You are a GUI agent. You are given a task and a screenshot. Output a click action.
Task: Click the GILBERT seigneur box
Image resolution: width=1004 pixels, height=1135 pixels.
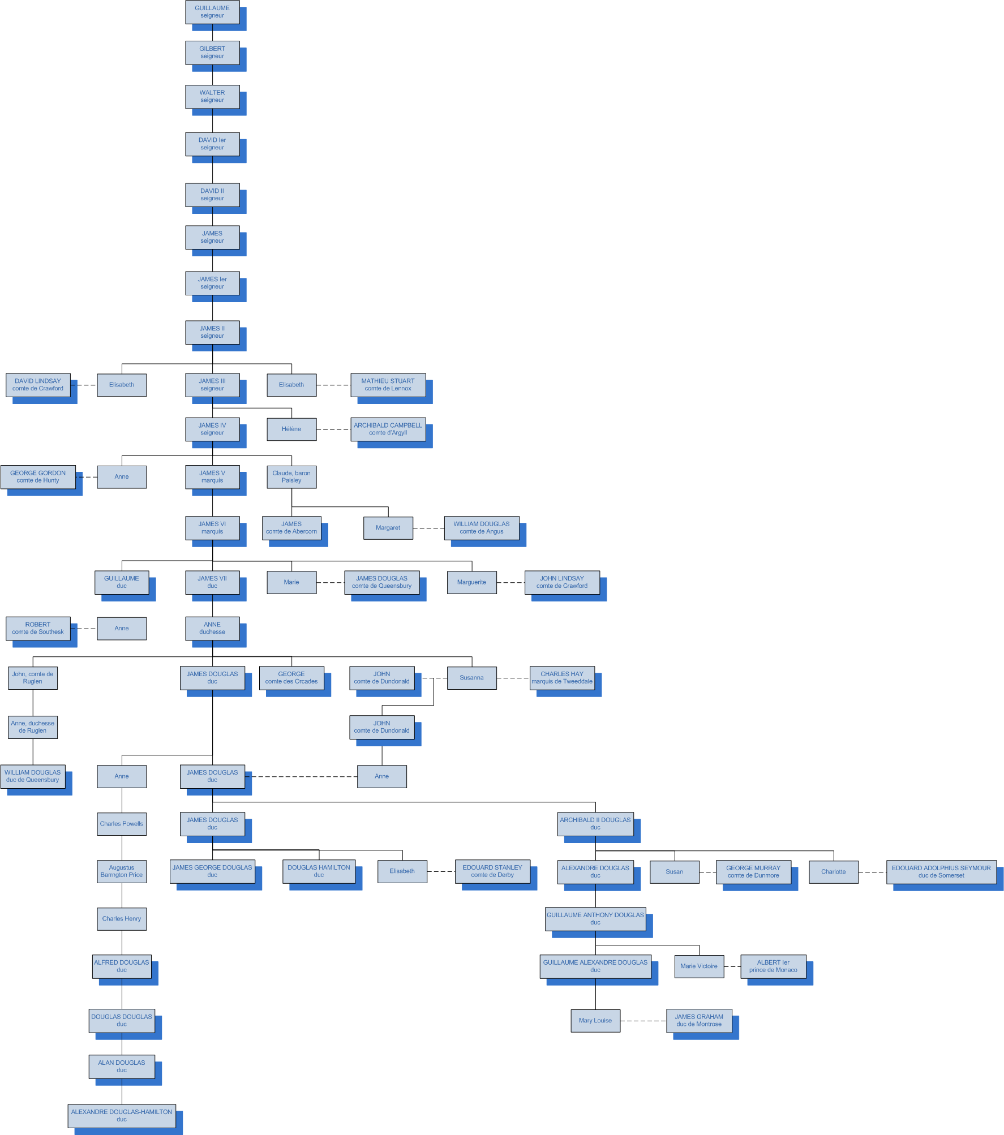click(x=212, y=53)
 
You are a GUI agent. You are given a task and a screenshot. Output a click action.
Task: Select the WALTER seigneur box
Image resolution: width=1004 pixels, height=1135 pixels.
click(x=212, y=96)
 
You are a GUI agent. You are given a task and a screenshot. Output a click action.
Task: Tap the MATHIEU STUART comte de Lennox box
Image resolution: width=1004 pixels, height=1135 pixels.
click(x=388, y=385)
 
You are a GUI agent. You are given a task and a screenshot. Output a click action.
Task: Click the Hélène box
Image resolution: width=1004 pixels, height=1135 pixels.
click(x=291, y=429)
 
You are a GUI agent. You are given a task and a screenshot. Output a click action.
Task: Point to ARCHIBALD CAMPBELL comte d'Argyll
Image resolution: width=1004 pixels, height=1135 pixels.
click(x=388, y=429)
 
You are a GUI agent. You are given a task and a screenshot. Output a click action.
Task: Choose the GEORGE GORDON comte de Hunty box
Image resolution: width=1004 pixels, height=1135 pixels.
click(x=38, y=477)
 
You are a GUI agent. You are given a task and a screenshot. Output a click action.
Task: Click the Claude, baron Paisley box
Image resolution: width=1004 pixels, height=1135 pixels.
click(x=291, y=477)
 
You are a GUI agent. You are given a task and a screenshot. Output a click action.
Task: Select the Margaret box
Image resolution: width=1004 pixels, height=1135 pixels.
click(x=388, y=528)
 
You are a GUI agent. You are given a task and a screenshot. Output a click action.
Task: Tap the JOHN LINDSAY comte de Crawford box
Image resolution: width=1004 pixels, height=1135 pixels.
click(x=561, y=582)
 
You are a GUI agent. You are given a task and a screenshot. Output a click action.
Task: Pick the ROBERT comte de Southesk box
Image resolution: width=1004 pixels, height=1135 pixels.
click(x=38, y=628)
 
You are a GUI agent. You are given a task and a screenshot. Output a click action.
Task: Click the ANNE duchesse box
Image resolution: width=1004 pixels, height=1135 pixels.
click(x=212, y=628)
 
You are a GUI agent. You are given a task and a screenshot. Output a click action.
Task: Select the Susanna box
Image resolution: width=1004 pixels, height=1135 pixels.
click(x=471, y=678)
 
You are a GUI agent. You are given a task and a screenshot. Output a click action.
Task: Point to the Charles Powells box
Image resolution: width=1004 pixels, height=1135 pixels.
click(x=122, y=824)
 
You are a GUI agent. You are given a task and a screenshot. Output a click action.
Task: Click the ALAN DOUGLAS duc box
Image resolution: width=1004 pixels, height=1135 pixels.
click(x=122, y=1067)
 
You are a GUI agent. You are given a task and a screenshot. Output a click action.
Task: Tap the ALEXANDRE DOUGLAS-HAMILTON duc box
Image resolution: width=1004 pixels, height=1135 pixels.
click(x=122, y=1116)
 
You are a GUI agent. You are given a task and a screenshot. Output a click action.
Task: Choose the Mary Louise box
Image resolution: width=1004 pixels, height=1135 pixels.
click(x=595, y=1021)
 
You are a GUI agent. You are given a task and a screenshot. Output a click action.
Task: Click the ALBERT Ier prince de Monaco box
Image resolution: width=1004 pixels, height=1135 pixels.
click(x=773, y=966)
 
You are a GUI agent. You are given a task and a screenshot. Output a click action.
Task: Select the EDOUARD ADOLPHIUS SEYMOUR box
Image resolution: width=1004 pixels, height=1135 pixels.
click(x=941, y=872)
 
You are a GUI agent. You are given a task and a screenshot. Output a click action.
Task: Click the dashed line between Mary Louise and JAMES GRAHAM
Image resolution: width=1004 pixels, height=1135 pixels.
click(x=643, y=1021)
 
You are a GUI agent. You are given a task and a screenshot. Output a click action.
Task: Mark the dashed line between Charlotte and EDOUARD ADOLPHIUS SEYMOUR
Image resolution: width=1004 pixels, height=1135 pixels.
click(x=872, y=872)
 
